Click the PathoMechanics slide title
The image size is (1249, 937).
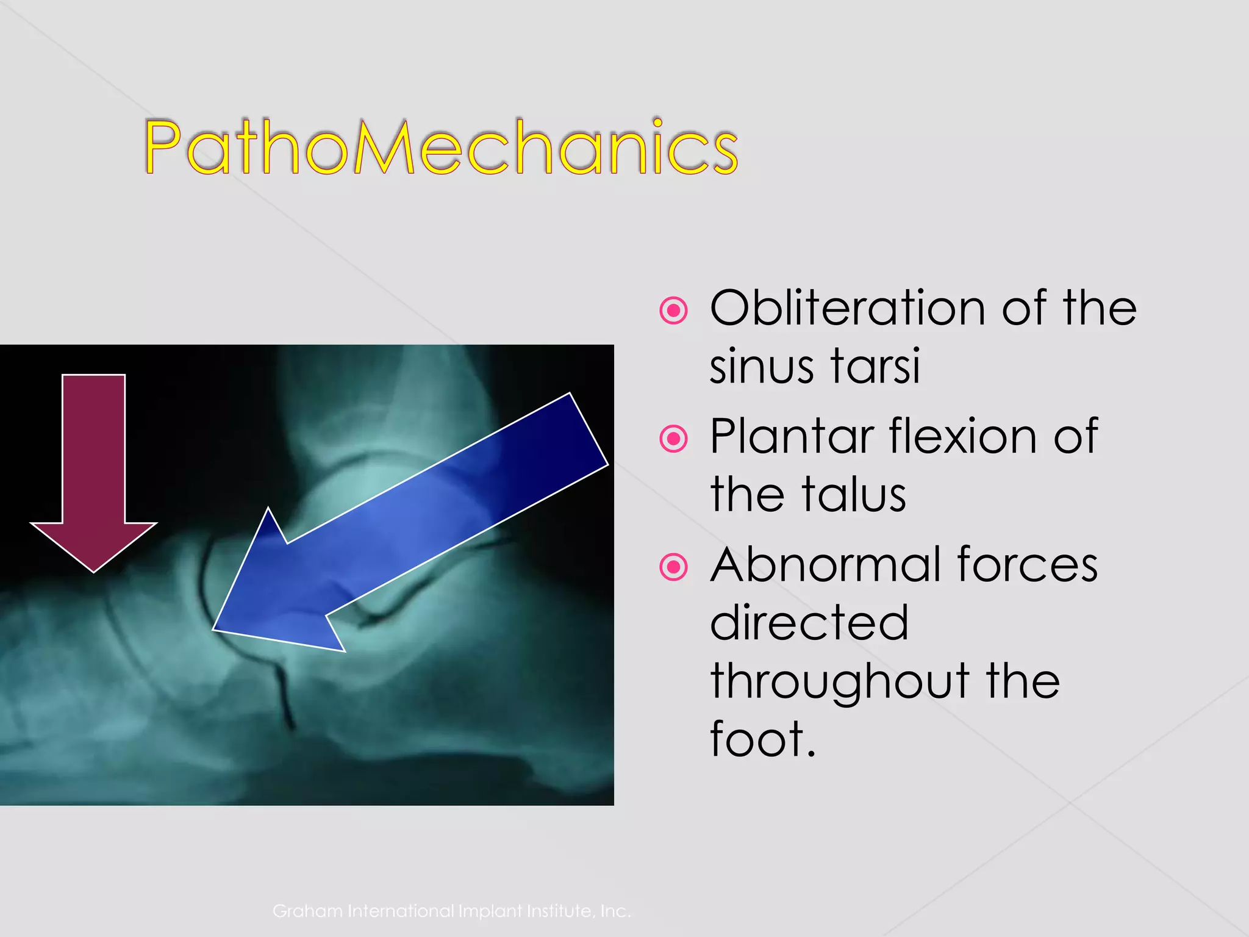pos(440,146)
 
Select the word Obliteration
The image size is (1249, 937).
pos(847,308)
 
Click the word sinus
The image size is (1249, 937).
pos(761,366)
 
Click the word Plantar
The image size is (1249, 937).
pos(792,437)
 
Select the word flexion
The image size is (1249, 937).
pos(964,437)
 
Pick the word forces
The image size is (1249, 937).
pos(1027,565)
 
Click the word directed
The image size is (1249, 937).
pos(809,623)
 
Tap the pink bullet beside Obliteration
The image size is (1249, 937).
pos(673,311)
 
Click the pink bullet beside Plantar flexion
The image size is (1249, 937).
pos(673,439)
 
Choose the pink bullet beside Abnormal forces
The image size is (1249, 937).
pos(673,567)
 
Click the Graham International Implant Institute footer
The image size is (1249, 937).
pos(451,911)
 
